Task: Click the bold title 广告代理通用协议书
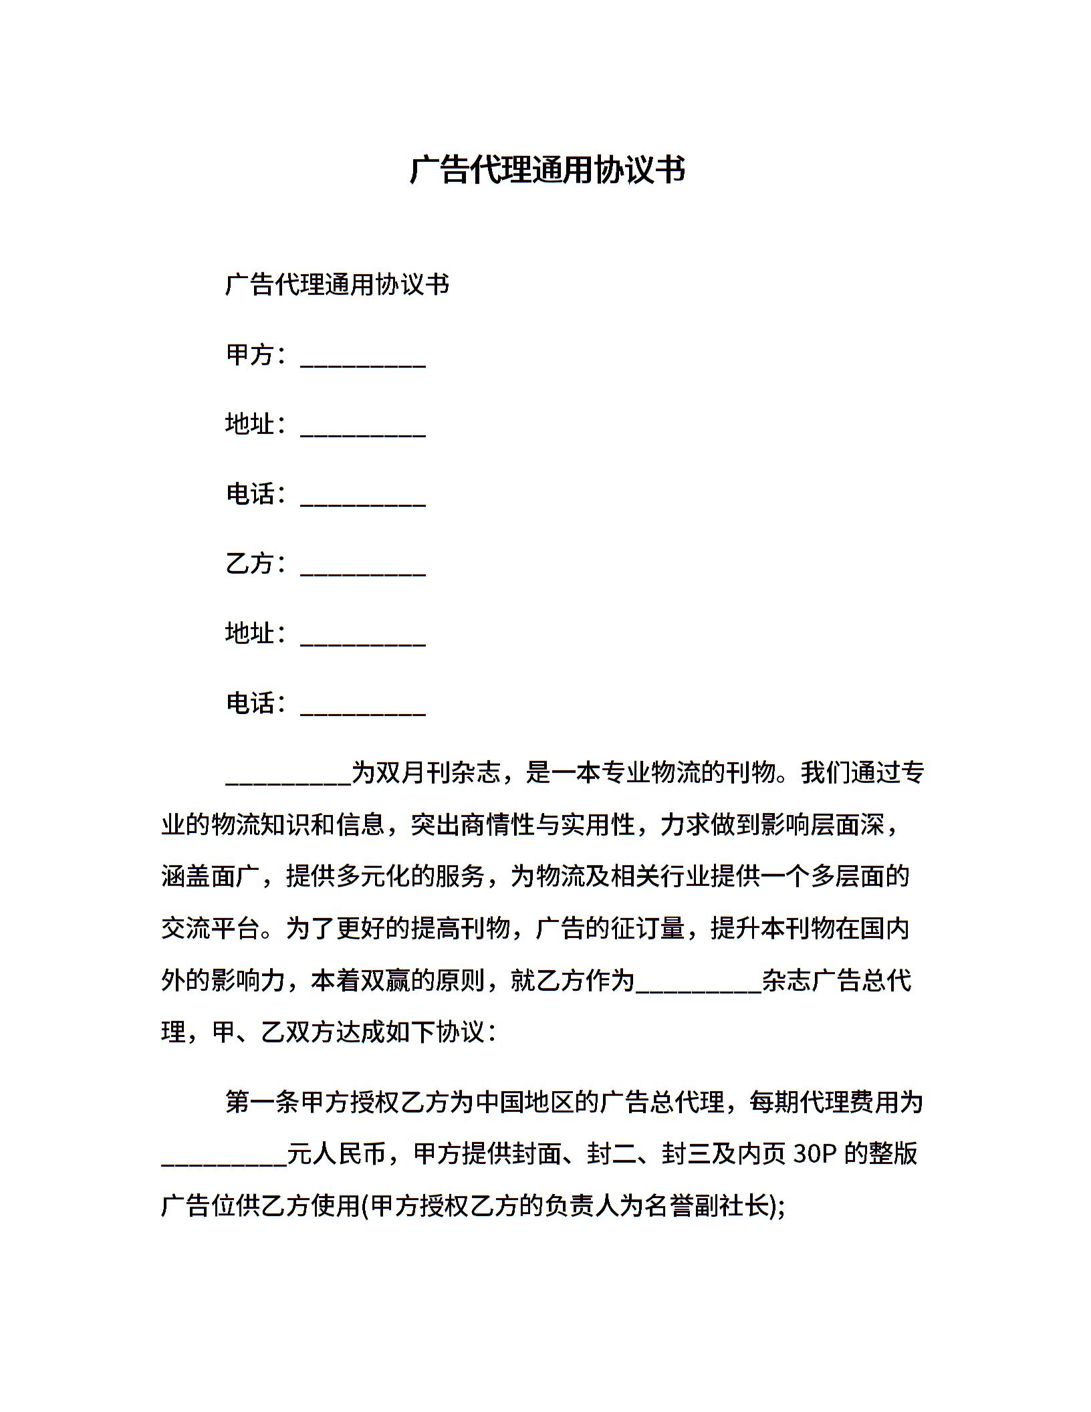[547, 170]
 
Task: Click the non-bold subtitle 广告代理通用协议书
[337, 285]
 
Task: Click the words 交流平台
[211, 929]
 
